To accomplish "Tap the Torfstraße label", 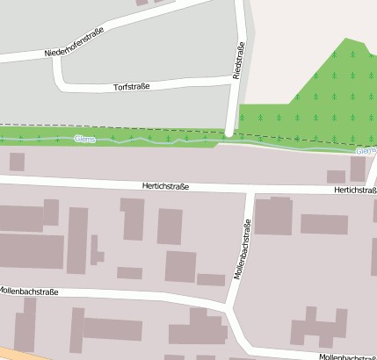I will (x=132, y=87).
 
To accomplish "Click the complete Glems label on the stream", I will (x=84, y=139).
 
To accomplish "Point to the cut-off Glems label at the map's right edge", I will (x=366, y=151).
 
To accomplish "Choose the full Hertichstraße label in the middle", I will (x=165, y=186).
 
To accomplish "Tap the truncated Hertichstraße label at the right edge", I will (x=355, y=190).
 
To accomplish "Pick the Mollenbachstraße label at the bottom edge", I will (x=347, y=356).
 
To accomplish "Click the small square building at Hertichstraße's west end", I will (x=17, y=162).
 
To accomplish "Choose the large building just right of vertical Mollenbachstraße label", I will (x=273, y=216).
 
